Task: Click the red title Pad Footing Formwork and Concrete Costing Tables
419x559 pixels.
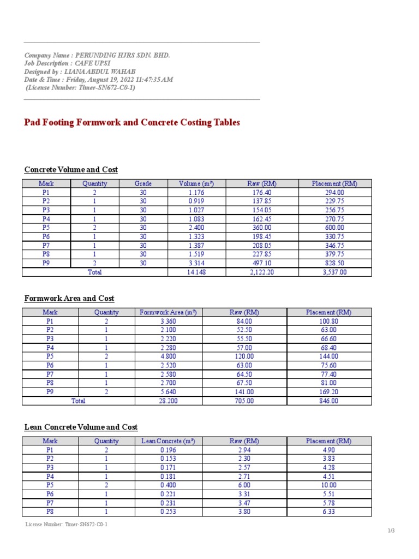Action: tap(132, 122)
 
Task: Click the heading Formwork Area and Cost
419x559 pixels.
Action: tap(69, 298)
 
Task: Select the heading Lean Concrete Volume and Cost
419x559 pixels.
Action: tap(81, 427)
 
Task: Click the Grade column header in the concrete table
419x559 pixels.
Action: tap(143, 183)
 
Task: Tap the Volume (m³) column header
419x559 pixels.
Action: tap(196, 183)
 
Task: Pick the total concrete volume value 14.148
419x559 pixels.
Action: tap(196, 272)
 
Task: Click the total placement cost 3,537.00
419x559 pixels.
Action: tap(334, 272)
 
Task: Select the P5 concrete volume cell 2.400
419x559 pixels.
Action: tap(196, 228)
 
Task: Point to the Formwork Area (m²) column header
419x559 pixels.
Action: tap(168, 312)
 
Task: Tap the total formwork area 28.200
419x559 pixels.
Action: tap(168, 401)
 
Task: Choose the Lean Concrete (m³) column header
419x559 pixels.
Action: tap(168, 441)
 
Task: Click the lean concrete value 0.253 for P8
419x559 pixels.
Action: tap(168, 512)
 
